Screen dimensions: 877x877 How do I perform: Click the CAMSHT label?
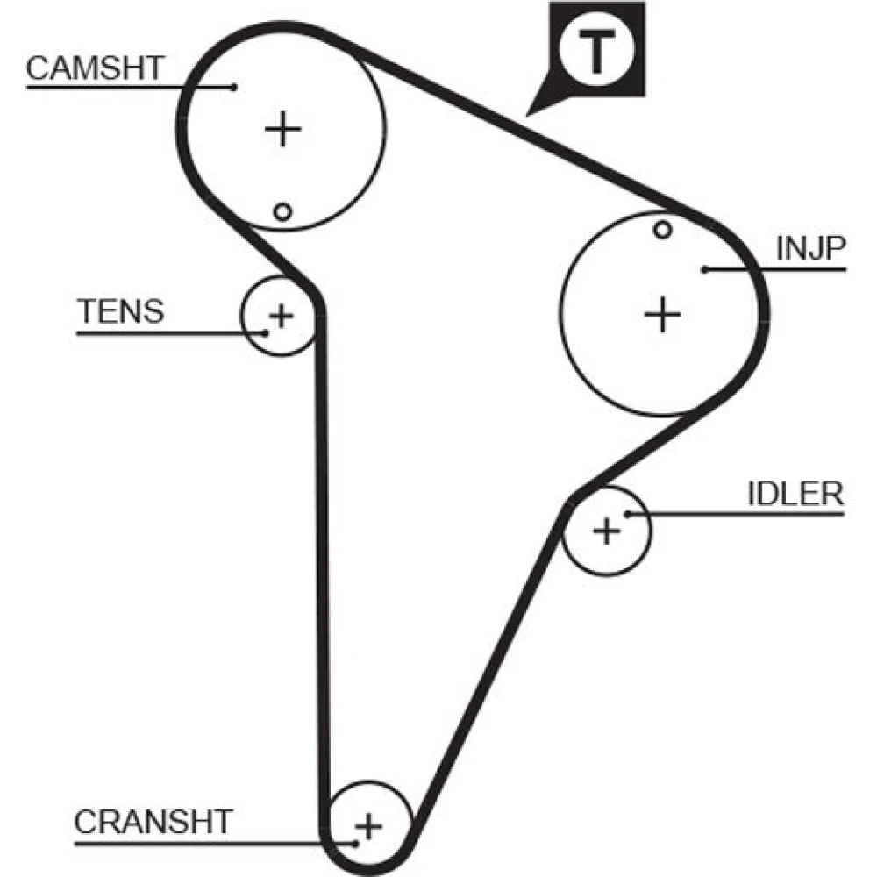coord(95,68)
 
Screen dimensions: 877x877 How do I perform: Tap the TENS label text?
coord(121,311)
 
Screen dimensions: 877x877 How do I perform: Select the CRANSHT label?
coord(153,823)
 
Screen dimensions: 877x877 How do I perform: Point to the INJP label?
coord(810,248)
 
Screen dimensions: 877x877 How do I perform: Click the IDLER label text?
coord(795,493)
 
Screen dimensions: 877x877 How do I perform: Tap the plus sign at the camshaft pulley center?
coord(283,129)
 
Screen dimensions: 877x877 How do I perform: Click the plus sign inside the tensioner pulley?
coord(282,316)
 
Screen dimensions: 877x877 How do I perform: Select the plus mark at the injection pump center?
coord(663,314)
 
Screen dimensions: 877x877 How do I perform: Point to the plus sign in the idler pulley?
coord(607,531)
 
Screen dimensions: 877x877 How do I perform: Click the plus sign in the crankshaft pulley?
coord(368,825)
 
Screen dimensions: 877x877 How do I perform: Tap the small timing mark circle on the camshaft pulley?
coord(283,212)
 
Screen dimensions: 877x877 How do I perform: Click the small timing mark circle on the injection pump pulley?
coord(663,229)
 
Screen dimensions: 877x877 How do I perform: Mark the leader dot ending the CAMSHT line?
coord(234,87)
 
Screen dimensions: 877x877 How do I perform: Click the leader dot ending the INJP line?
coord(705,269)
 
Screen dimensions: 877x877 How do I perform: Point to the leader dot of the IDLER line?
coord(628,513)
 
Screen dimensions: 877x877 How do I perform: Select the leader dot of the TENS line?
coord(267,333)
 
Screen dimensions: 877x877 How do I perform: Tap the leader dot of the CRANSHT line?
coord(355,844)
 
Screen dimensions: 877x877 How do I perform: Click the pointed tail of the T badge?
coord(527,115)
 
